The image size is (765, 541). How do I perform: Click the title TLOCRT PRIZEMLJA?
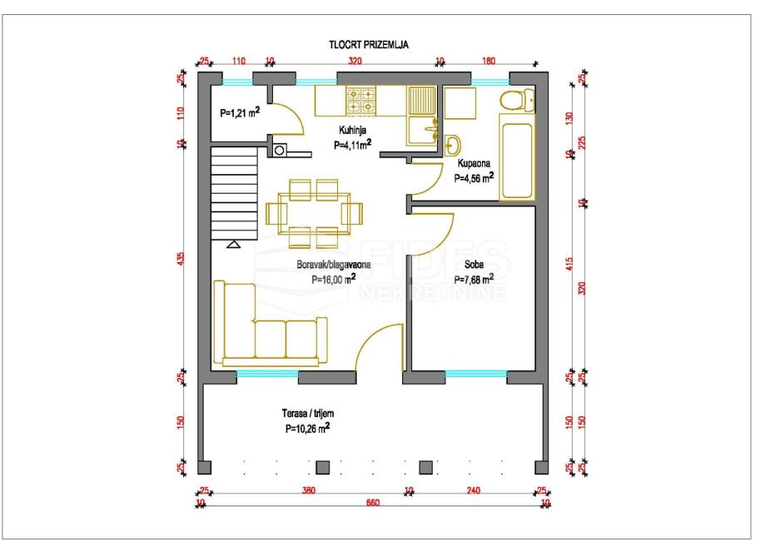(369, 45)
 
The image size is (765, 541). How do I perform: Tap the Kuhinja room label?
(353, 130)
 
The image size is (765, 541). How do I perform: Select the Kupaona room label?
(474, 163)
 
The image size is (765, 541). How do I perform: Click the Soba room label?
(474, 265)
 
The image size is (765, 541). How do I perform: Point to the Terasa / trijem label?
(308, 414)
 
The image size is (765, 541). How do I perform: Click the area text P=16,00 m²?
(333, 279)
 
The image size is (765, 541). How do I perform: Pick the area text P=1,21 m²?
(240, 112)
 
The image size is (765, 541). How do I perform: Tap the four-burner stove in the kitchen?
(361, 101)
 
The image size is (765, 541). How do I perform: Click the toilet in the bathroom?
(517, 101)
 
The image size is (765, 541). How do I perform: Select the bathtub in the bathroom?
(517, 157)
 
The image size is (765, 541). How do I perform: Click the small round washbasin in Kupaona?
(453, 145)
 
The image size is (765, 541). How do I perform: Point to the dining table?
(314, 214)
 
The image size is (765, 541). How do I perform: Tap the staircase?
(234, 194)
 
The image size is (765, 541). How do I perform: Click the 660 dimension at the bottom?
(373, 503)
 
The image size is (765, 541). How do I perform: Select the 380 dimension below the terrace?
(308, 489)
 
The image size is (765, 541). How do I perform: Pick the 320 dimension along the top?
(355, 61)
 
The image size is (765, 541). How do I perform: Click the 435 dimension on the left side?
(181, 259)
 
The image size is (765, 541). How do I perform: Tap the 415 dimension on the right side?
(569, 265)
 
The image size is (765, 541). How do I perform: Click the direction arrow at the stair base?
(234, 245)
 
